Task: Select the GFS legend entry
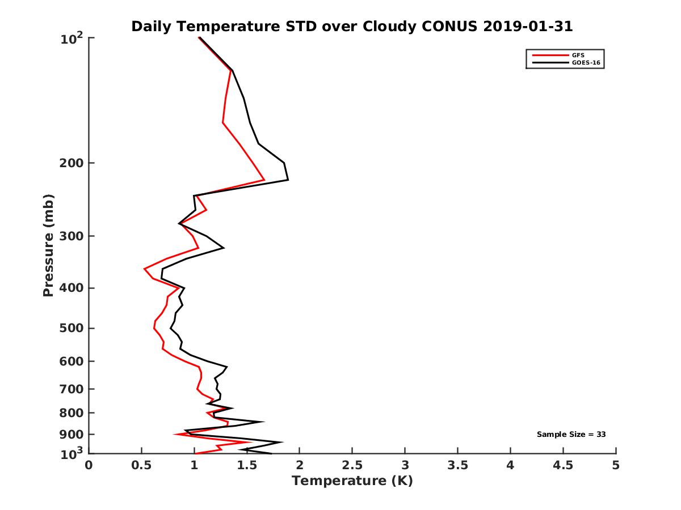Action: click(578, 55)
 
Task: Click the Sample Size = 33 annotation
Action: click(571, 435)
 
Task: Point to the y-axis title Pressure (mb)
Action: click(48, 245)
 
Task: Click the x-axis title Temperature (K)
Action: click(352, 481)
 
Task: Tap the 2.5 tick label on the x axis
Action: click(352, 466)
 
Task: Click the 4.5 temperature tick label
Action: click(563, 466)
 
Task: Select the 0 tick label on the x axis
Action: click(89, 466)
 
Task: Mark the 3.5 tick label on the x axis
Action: click(457, 466)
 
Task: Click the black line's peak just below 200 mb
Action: click(288, 180)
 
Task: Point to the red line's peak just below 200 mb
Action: click(264, 180)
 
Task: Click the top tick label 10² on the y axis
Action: click(73, 39)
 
